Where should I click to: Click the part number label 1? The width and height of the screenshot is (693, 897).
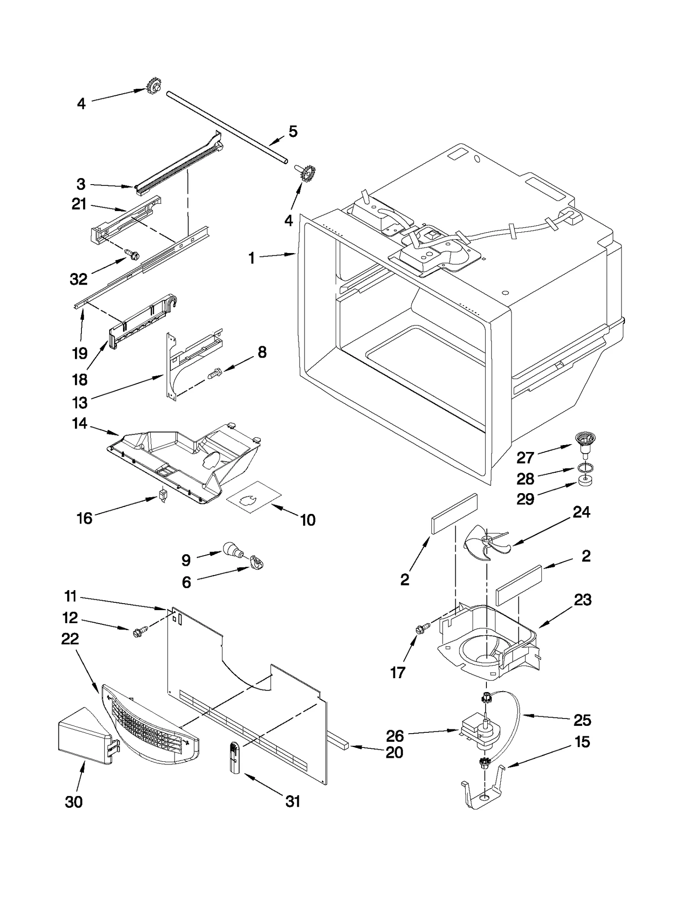click(251, 258)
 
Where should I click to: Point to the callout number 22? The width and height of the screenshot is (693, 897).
click(70, 638)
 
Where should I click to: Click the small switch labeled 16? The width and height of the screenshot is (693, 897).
click(163, 494)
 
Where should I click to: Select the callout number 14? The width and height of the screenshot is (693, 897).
click(80, 423)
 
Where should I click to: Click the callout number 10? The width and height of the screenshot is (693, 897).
click(308, 520)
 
